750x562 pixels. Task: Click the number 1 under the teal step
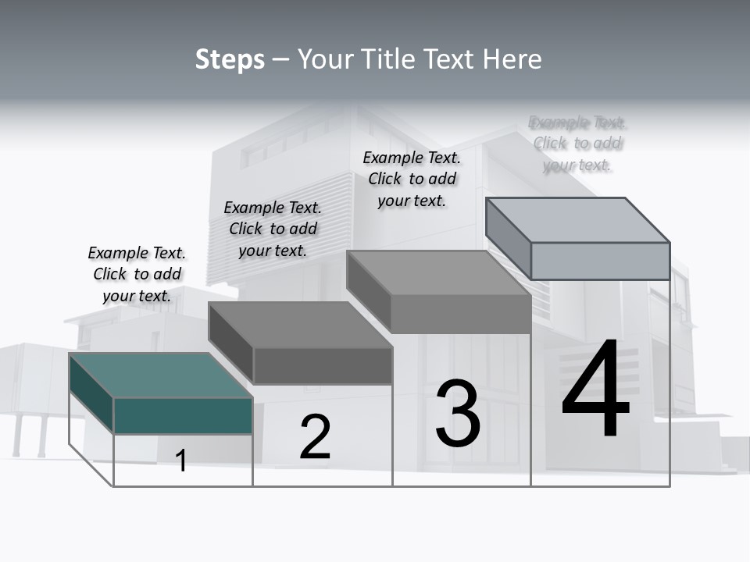point(181,461)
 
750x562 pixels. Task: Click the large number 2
point(315,437)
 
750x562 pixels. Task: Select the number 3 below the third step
point(458,414)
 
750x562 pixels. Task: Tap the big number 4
point(595,390)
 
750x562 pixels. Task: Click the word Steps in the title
point(230,59)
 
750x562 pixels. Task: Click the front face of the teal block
point(183,415)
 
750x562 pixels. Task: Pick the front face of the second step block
point(322,365)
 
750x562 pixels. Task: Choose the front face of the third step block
point(461,314)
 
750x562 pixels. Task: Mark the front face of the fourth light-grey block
point(600,261)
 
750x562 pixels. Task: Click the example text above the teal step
point(137,274)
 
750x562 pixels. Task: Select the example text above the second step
point(273,229)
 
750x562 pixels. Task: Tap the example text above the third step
point(412,179)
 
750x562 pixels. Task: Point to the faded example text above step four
point(577,144)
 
